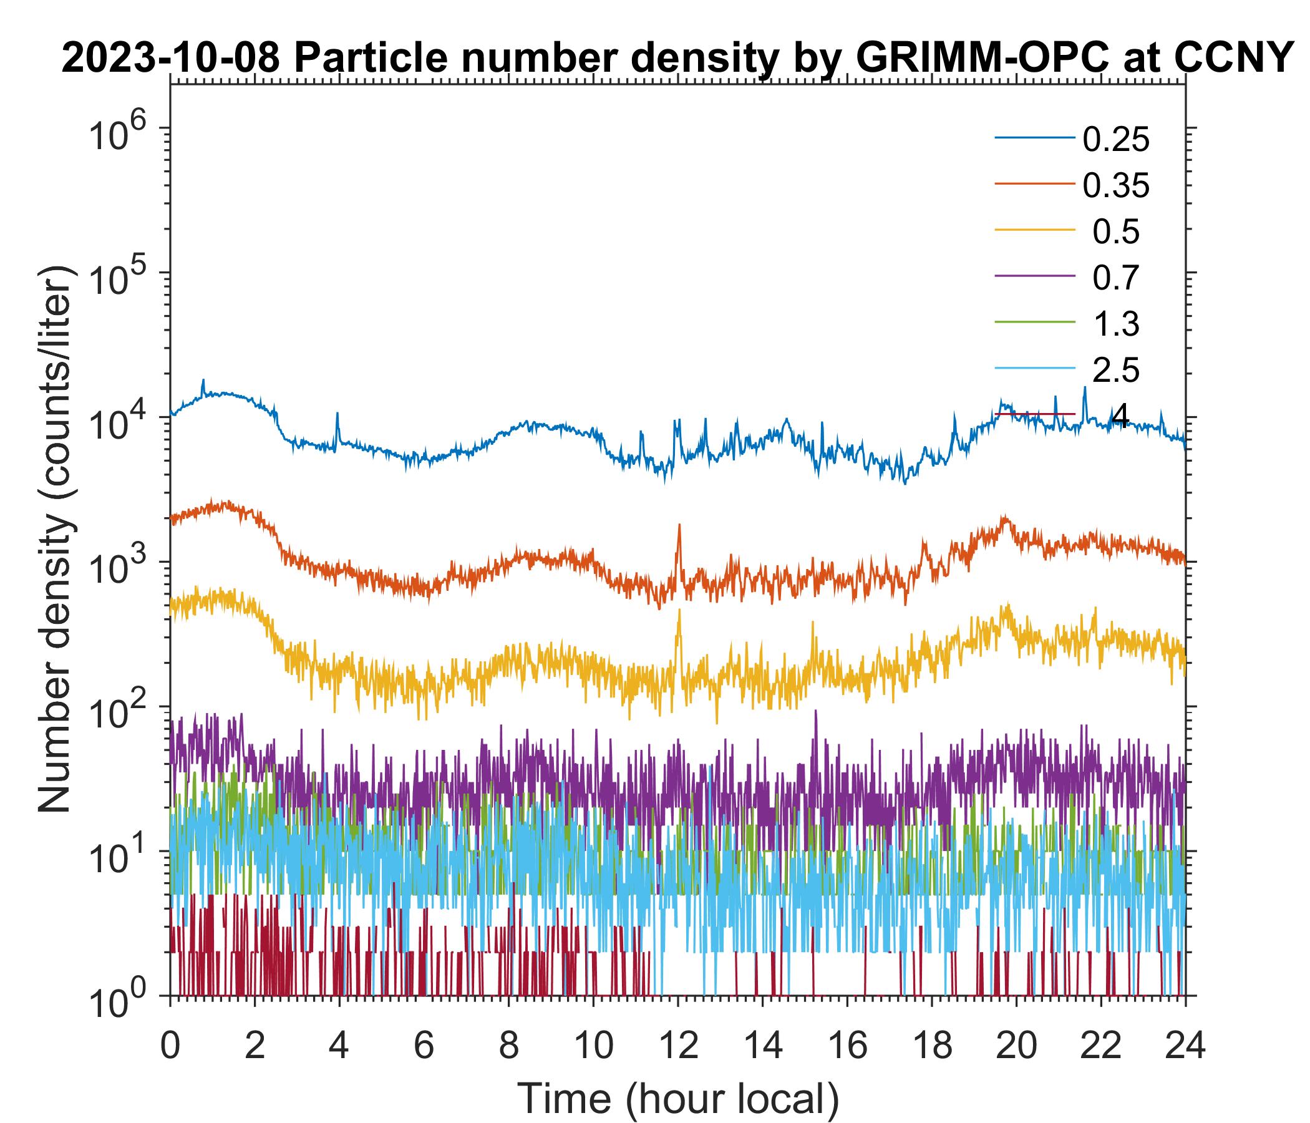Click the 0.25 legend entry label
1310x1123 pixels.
click(x=1115, y=140)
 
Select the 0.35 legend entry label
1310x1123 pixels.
click(x=1115, y=186)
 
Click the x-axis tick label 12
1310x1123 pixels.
click(x=677, y=1046)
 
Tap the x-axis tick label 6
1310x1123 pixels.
click(x=424, y=1046)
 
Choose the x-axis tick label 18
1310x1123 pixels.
click(x=931, y=1046)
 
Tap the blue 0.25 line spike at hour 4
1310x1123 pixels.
click(x=337, y=415)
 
